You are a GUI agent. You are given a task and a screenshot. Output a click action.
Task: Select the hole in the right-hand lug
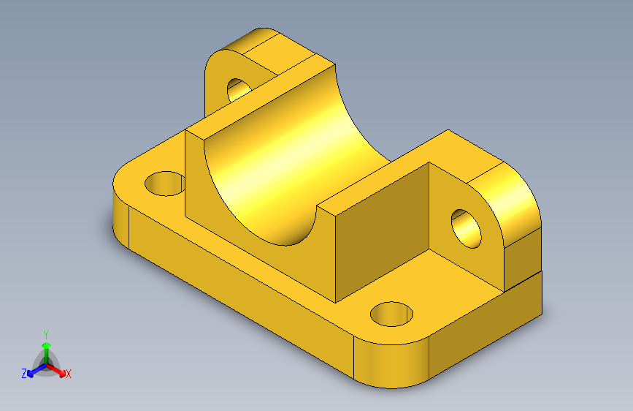[466, 227]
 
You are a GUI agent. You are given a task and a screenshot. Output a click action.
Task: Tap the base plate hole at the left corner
[165, 183]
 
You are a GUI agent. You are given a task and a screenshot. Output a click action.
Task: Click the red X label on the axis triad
[69, 374]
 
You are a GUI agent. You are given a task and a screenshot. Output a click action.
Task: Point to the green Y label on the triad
[45, 332]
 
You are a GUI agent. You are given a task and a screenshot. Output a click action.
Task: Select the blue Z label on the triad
[24, 373]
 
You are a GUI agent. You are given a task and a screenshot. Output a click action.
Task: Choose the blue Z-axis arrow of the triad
[33, 371]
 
